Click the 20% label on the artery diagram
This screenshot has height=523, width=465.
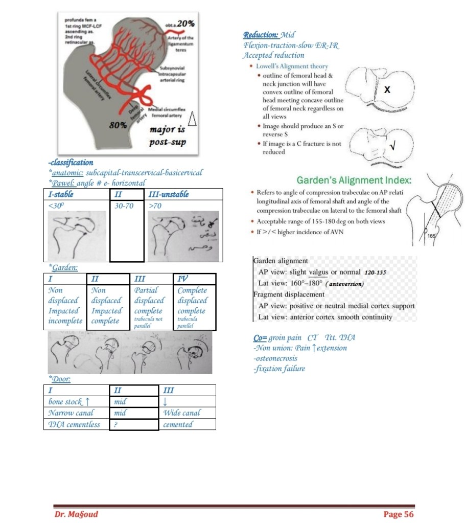pyautogui.click(x=184, y=24)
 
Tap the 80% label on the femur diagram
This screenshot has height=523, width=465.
pyautogui.click(x=119, y=124)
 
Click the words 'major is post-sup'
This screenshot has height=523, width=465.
pyautogui.click(x=167, y=135)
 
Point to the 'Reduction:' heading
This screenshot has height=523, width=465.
pyautogui.click(x=261, y=35)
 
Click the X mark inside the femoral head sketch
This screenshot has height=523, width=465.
pyautogui.click(x=387, y=90)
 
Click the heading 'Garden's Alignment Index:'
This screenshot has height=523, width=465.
pyautogui.click(x=354, y=180)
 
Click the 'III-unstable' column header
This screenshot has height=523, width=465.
pyautogui.click(x=168, y=194)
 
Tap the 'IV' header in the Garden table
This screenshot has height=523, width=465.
pyautogui.click(x=181, y=279)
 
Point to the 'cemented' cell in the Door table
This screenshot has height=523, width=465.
pyautogui.click(x=178, y=424)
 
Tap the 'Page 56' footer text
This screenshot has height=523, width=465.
pyautogui.click(x=398, y=514)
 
